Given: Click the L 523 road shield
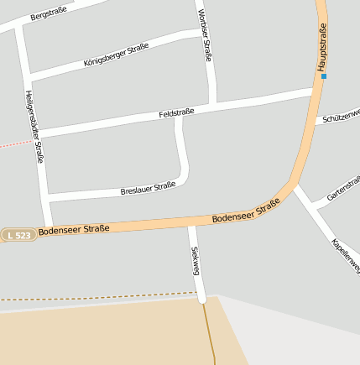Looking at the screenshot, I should pos(18,236).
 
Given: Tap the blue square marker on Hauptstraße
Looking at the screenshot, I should pos(324,76).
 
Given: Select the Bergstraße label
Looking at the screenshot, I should pos(47,13).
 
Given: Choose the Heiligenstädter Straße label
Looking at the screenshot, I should pos(34,126).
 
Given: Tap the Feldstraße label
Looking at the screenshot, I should pos(176,112).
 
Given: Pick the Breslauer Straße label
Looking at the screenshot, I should pos(148,188).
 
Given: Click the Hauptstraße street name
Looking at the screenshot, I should pos(321,48).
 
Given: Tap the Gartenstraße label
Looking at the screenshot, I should pos(343,189).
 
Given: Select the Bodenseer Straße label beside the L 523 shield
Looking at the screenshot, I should pos(74,230).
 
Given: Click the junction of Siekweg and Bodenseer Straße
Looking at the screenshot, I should pos(191,222).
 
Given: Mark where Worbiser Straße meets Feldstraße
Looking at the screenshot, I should pos(216,105).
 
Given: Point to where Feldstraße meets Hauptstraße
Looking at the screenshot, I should pos(315,90).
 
